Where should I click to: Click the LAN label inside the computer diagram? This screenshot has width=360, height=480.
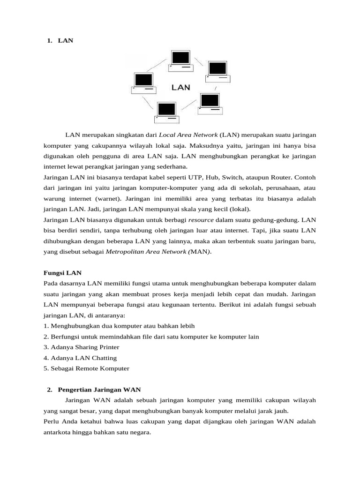(180, 87)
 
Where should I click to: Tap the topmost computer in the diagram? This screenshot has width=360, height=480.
(180, 60)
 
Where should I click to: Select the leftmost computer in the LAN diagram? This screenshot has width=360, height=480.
(143, 82)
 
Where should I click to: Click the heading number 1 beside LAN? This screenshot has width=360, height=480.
(50, 41)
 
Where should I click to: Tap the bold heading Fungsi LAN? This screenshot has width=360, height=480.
(62, 272)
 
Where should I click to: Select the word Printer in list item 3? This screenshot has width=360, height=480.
(107, 347)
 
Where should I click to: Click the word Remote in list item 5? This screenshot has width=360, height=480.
(88, 368)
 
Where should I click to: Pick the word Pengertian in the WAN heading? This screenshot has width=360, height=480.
(75, 390)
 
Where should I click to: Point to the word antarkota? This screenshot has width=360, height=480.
(59, 432)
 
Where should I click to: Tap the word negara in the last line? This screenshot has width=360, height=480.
(139, 432)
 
